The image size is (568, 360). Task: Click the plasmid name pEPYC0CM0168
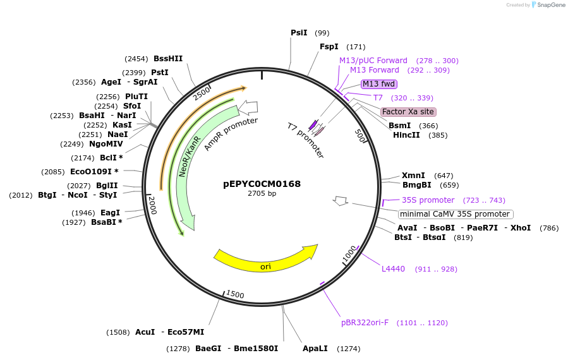[x=262, y=184]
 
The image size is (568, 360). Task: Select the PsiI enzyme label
[x=299, y=33]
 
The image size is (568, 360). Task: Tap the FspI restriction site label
[x=329, y=47]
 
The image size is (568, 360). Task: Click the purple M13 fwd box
[x=379, y=83]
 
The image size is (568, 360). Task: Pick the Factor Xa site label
[x=408, y=112]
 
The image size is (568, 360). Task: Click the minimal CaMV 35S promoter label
[x=455, y=214]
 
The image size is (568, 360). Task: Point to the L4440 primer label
[x=393, y=269]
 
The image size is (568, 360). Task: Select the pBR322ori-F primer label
[x=365, y=323]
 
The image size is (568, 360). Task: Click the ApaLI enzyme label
[x=316, y=349]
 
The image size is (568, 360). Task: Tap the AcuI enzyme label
[x=145, y=332]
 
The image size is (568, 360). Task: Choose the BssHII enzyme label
[x=168, y=59]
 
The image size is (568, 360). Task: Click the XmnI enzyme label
[x=413, y=176]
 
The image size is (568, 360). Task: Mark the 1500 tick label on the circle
[x=235, y=294]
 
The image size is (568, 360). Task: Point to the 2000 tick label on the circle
[x=152, y=204]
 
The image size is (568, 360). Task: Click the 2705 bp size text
[x=262, y=193]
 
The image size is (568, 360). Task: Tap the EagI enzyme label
[x=110, y=213]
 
